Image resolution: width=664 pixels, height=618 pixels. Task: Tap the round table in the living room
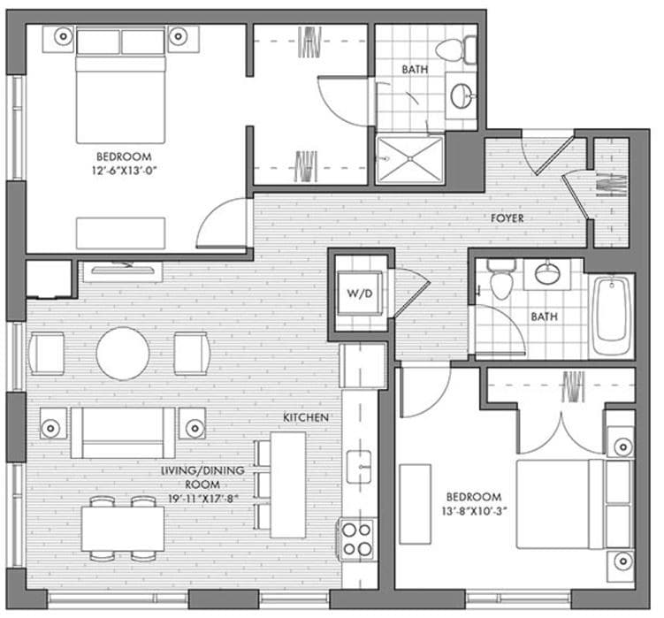123,354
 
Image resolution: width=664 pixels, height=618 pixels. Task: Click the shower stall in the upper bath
409,159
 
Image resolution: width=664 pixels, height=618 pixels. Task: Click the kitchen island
287,484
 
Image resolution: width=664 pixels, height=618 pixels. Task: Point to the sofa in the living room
123,431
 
